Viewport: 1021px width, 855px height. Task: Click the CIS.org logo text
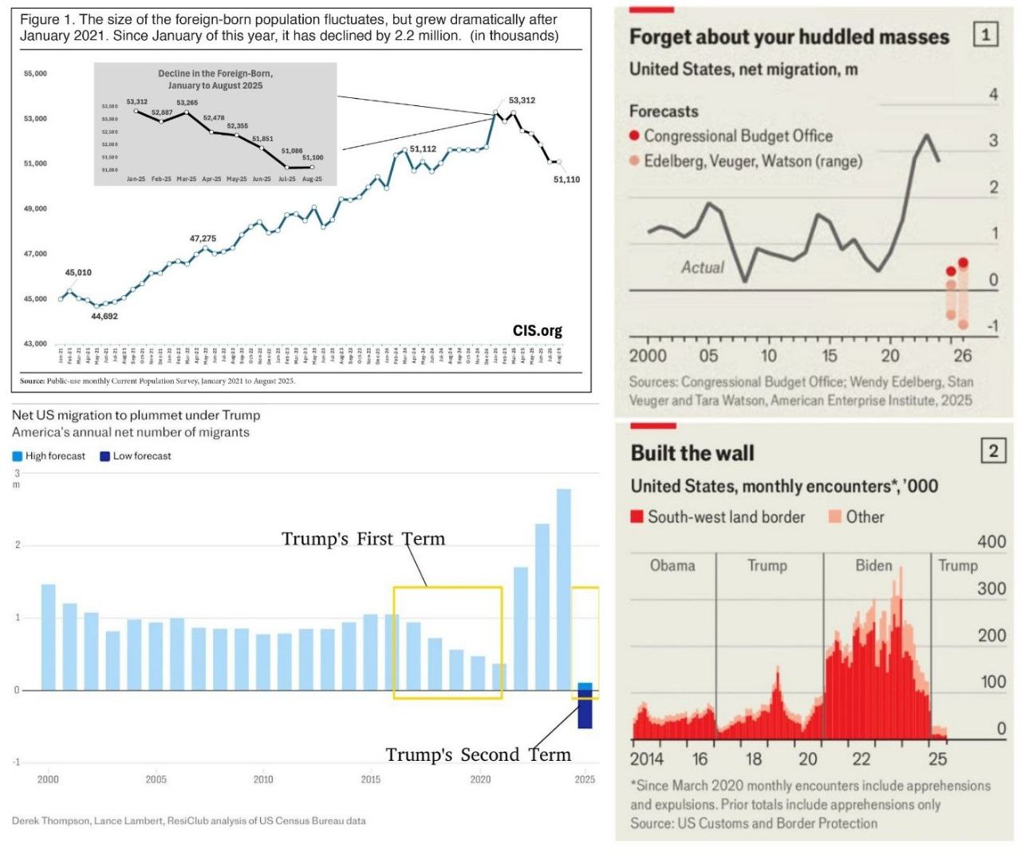(x=537, y=330)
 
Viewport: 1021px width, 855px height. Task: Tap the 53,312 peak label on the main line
(x=522, y=100)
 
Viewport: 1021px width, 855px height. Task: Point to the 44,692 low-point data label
(x=104, y=317)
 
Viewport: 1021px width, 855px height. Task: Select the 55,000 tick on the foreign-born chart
(x=35, y=73)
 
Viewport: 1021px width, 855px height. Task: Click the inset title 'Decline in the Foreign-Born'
(x=215, y=73)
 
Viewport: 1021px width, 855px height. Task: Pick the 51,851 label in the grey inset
(x=262, y=139)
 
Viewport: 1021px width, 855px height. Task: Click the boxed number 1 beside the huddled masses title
(x=985, y=34)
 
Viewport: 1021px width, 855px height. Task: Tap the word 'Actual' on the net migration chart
(x=703, y=267)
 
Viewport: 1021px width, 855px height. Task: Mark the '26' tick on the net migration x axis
(x=963, y=356)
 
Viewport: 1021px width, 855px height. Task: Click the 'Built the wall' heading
(x=692, y=453)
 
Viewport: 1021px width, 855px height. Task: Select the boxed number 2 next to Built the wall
(x=993, y=451)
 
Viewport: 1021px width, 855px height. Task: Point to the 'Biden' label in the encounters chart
(x=873, y=565)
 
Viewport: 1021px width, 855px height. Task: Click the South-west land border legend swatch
(x=637, y=517)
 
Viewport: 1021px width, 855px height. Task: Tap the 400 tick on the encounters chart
(x=991, y=542)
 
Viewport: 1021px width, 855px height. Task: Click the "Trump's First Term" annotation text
(x=363, y=539)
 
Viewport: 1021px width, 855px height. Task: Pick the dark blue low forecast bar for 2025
(x=585, y=712)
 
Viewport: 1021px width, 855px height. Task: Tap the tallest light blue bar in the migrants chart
(x=563, y=589)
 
